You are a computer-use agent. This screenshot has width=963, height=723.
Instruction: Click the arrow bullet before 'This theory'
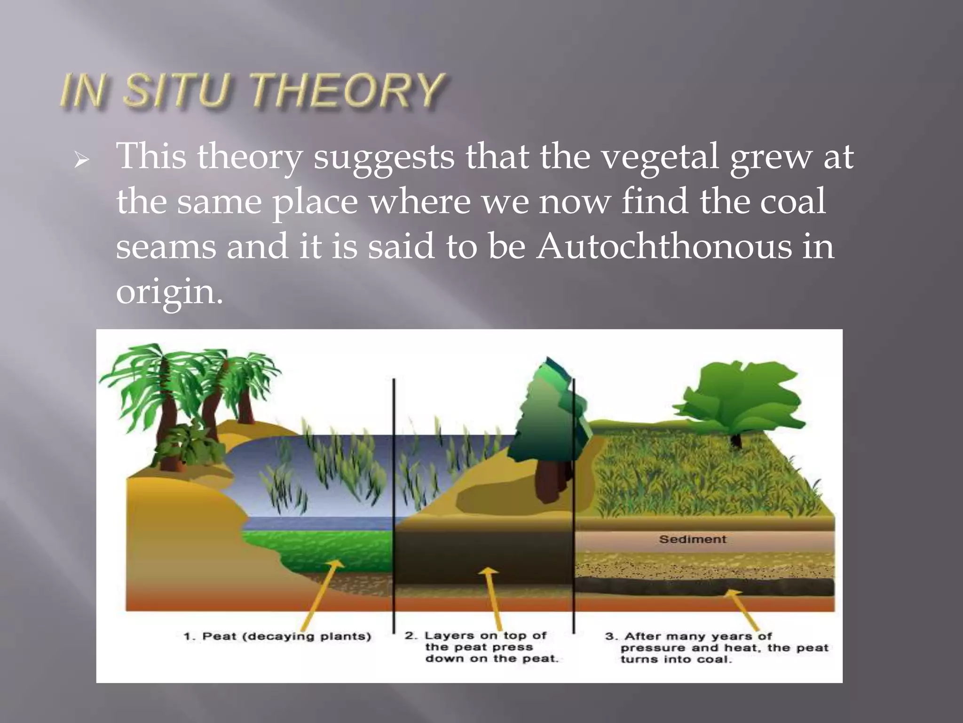(x=81, y=161)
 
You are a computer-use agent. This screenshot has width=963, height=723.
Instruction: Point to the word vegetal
(x=660, y=157)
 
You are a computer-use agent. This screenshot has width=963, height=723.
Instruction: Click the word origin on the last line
(x=168, y=292)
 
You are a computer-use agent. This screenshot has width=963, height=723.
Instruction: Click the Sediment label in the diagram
(x=692, y=539)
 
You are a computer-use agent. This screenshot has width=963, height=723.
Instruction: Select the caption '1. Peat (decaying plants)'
(x=277, y=637)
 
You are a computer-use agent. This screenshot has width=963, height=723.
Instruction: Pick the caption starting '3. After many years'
(x=715, y=648)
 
